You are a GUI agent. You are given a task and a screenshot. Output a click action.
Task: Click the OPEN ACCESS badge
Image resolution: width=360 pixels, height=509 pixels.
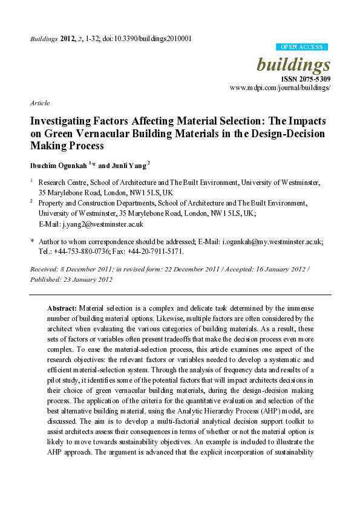[x=301, y=47]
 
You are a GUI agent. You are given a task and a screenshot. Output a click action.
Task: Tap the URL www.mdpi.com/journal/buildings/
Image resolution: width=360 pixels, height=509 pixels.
[x=280, y=88]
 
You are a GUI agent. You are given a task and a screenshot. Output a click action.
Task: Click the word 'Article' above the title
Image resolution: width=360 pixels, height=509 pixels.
[x=39, y=103]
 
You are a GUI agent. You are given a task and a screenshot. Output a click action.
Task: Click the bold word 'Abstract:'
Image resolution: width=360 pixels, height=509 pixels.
[x=62, y=308]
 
